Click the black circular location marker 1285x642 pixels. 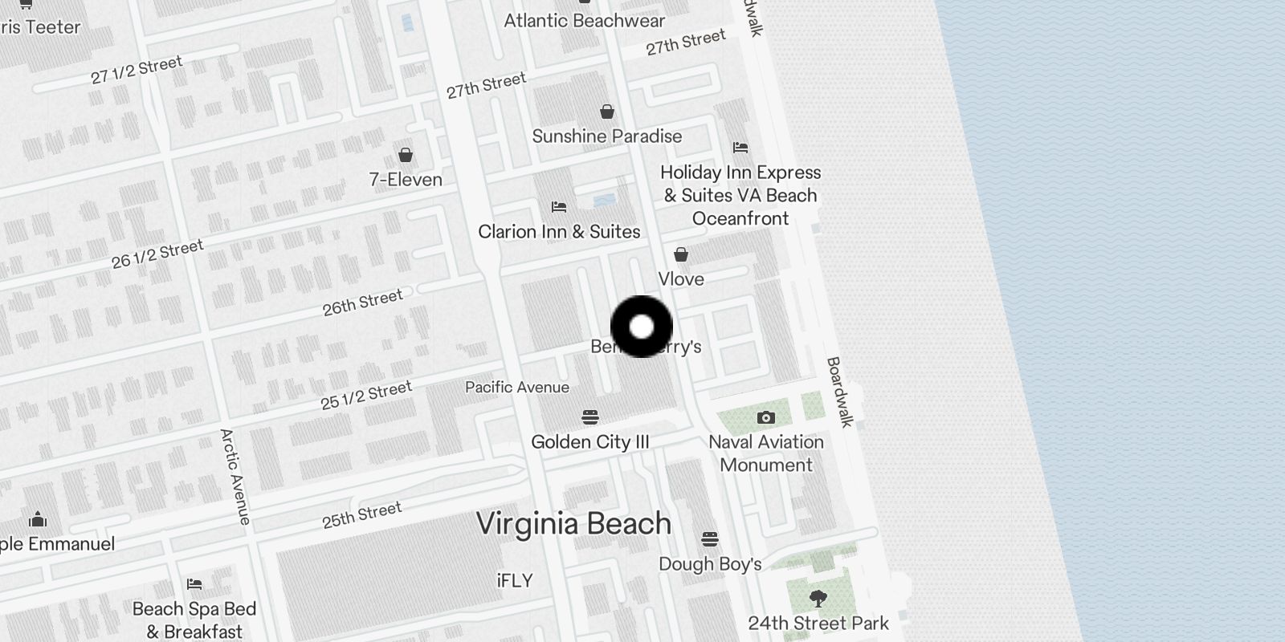tap(641, 327)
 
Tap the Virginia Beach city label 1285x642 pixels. tap(573, 523)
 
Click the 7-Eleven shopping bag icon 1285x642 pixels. tap(406, 155)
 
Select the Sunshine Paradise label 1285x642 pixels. tap(606, 136)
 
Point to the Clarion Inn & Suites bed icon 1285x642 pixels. tap(559, 207)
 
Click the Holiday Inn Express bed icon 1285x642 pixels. tap(740, 148)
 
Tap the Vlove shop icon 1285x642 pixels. tap(681, 255)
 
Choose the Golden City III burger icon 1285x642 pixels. tap(590, 417)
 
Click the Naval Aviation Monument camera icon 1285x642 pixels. tap(765, 418)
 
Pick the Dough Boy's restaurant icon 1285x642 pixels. tap(710, 538)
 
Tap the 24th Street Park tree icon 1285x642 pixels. tap(818, 598)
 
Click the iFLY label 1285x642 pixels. tap(515, 580)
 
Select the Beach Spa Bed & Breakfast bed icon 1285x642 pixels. tap(194, 584)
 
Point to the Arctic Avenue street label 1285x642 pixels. tap(235, 477)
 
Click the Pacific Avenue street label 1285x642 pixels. tap(517, 388)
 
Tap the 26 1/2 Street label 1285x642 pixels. tap(157, 254)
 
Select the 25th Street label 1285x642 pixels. tap(361, 514)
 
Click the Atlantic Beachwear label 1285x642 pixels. tap(584, 21)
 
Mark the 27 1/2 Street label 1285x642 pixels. tap(137, 70)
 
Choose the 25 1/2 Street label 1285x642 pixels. tap(366, 395)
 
